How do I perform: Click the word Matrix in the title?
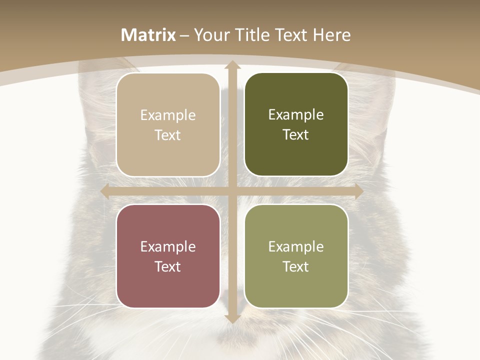tap(148, 35)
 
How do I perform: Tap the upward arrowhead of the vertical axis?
tap(232, 65)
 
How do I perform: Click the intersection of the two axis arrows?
tap(232, 191)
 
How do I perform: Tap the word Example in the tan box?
tap(168, 115)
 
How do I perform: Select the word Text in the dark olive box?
tap(296, 135)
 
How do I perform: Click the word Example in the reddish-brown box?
tap(168, 247)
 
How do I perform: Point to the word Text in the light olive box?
tap(296, 266)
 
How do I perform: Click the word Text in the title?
tap(291, 35)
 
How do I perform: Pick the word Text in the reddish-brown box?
tap(168, 266)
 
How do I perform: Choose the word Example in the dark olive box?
tap(296, 115)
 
